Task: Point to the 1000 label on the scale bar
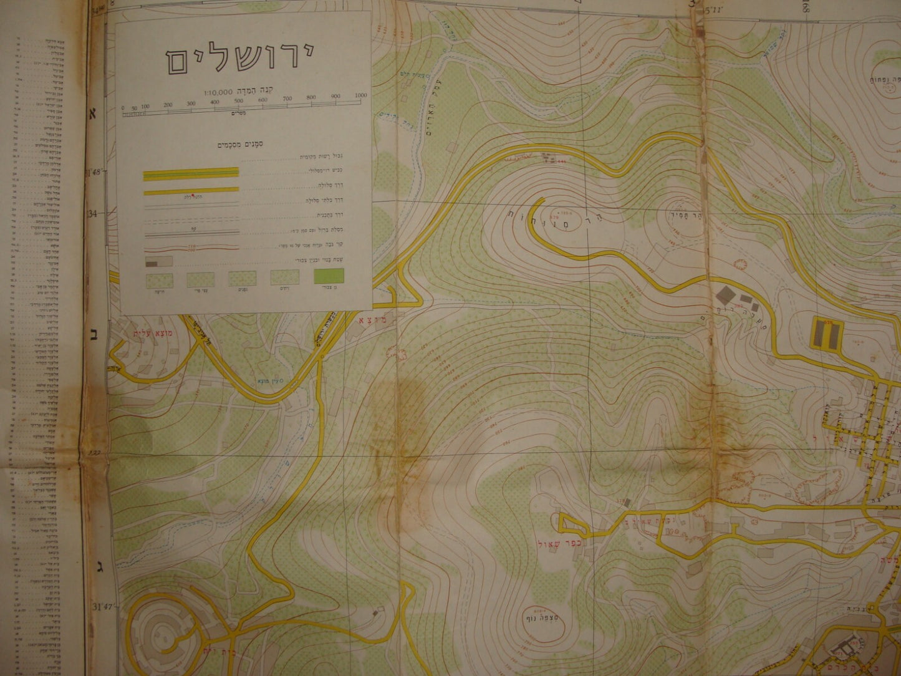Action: (360, 95)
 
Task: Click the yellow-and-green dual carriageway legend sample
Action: (191, 175)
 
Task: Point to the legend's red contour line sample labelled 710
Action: (191, 247)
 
